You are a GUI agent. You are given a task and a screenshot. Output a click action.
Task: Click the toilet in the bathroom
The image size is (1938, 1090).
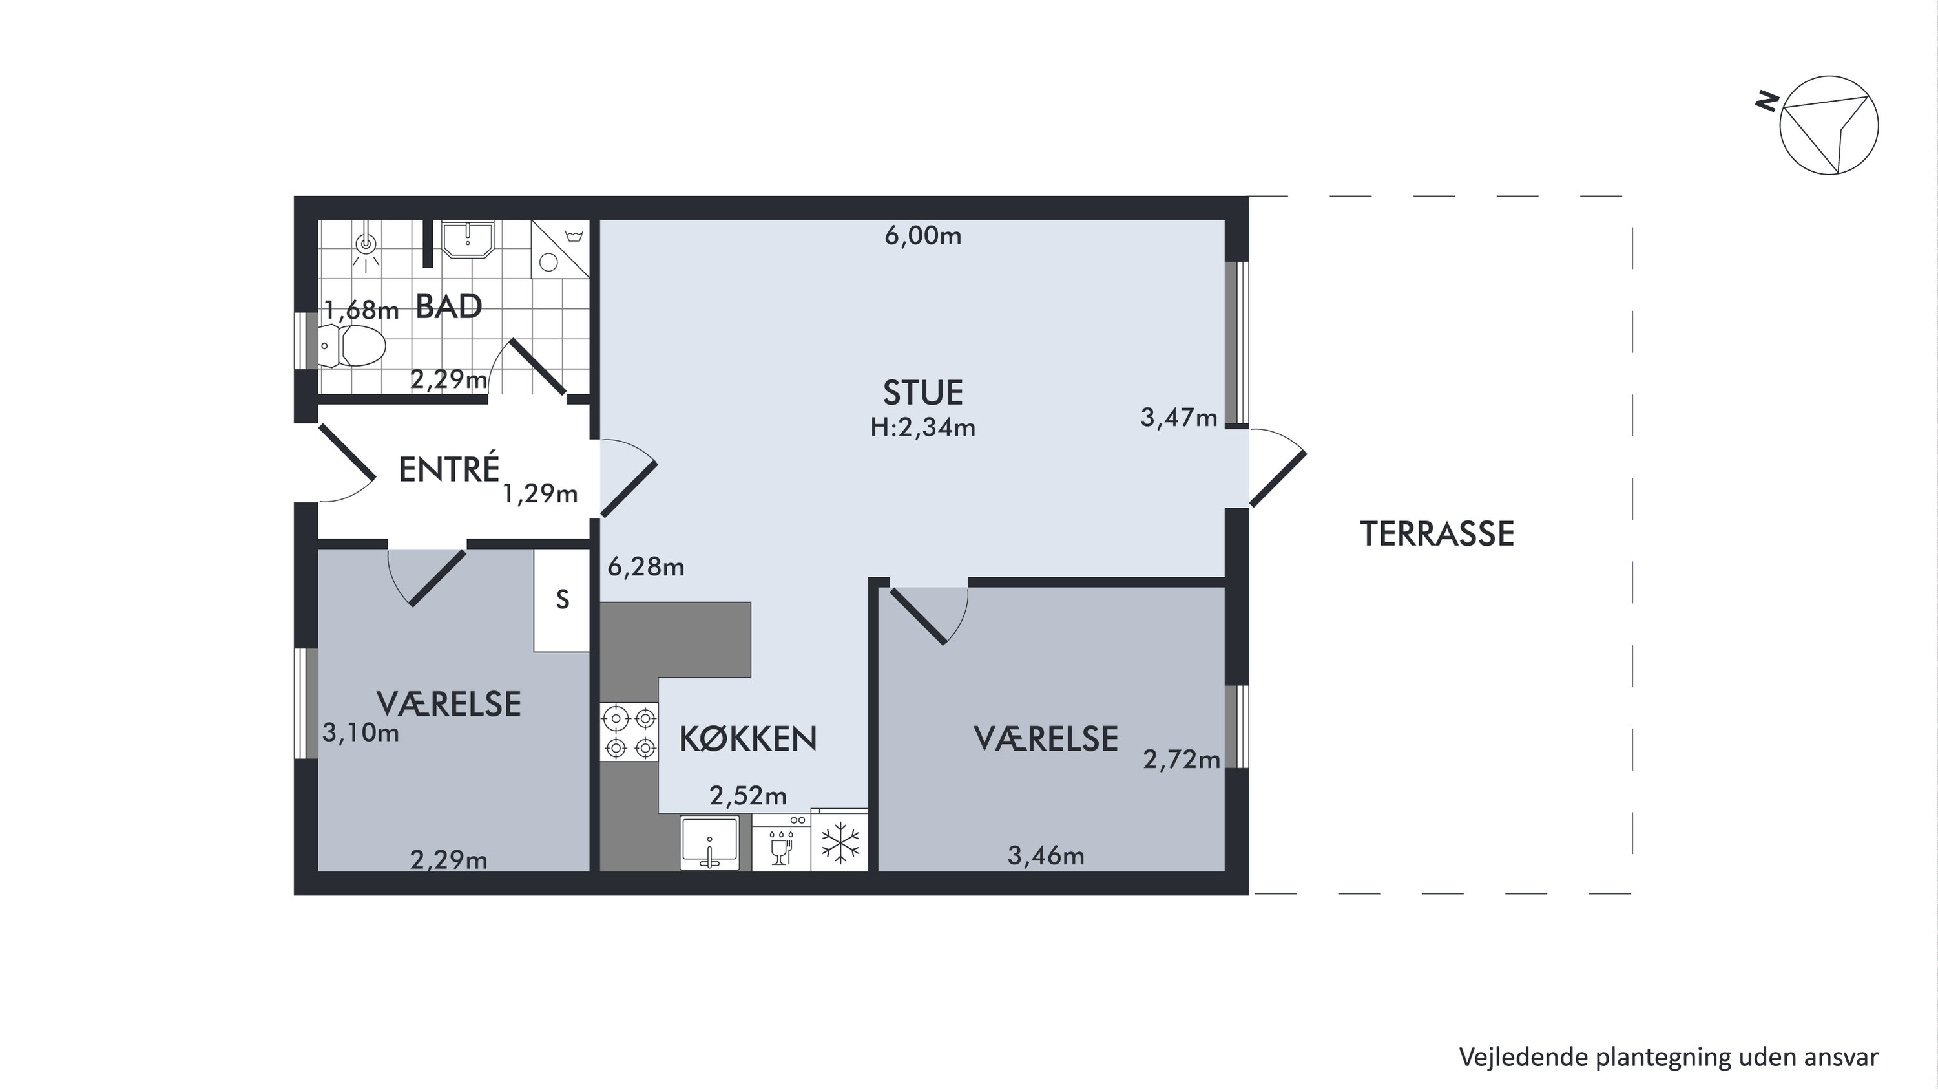(x=352, y=345)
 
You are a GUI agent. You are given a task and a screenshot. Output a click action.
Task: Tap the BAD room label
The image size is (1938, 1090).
(x=448, y=306)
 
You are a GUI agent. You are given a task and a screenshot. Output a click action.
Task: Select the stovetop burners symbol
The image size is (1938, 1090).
(x=630, y=732)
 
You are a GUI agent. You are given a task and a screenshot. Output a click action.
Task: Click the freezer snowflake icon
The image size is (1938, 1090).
(x=840, y=841)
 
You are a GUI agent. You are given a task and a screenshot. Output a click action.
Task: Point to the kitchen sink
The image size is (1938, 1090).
(x=709, y=842)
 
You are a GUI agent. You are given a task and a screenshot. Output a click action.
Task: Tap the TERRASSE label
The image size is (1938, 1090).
(x=1437, y=534)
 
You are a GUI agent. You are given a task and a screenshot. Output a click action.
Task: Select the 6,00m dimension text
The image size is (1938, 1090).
(x=923, y=237)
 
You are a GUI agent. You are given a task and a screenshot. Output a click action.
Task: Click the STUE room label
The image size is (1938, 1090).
(x=923, y=393)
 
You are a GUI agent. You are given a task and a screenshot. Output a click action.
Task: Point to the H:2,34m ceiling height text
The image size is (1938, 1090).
(x=923, y=427)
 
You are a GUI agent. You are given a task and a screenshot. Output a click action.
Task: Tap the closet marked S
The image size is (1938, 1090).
(x=562, y=600)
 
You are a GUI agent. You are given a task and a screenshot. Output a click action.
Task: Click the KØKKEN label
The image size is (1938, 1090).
(x=748, y=739)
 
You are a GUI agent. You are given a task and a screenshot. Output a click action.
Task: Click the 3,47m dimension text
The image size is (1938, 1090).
(x=1179, y=417)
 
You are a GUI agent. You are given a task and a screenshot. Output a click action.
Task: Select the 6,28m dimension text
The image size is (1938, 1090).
(x=646, y=567)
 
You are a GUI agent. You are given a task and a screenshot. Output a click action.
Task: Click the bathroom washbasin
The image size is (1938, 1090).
(x=467, y=239)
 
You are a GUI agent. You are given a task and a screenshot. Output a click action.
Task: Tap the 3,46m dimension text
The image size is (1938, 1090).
(x=1046, y=855)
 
